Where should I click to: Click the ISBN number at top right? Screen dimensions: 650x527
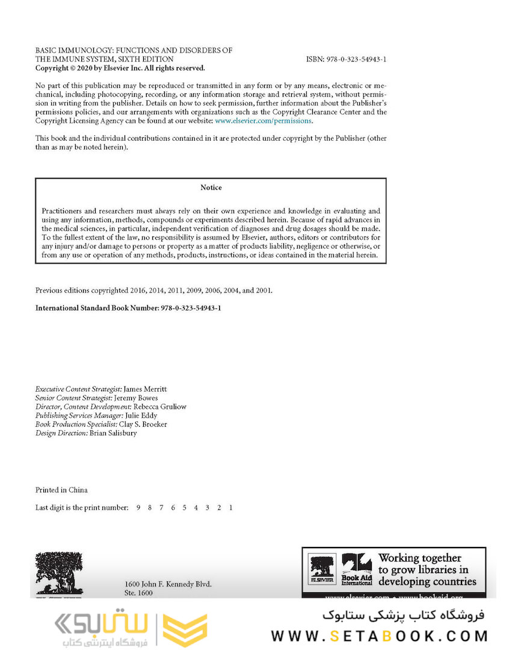pos(346,60)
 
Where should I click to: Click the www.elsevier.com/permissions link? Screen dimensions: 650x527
pos(263,120)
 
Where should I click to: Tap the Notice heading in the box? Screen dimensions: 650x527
pos(211,188)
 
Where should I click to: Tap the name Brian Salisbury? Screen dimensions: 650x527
pos(113,433)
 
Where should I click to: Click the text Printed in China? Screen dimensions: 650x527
pos(61,490)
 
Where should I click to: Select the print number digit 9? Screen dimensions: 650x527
pos(138,508)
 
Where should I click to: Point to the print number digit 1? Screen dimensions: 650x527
pos(230,508)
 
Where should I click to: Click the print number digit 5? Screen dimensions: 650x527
pos(184,508)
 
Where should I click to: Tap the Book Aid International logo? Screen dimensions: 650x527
pos(357,569)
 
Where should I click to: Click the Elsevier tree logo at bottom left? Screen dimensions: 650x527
pos(55,573)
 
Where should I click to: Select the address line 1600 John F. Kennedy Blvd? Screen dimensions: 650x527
pos(168,584)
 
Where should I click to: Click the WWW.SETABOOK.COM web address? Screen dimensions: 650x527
pos(379,636)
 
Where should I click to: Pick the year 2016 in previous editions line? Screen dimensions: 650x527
pos(138,291)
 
